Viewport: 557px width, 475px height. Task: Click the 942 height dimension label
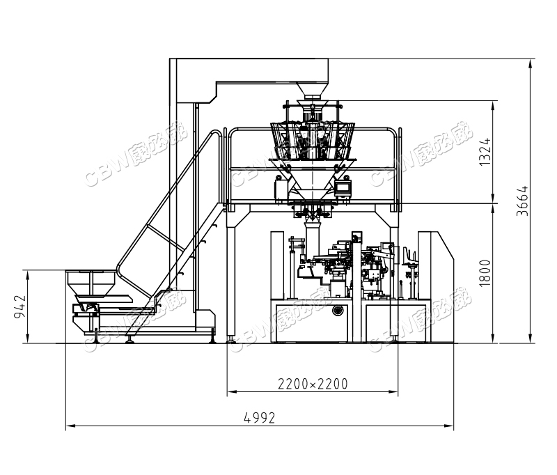coord(19,306)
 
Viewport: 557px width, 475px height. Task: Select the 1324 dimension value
coord(485,152)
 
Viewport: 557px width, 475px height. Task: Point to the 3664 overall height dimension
coord(522,201)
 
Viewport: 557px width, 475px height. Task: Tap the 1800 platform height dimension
coord(485,273)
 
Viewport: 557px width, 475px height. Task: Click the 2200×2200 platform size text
coord(313,384)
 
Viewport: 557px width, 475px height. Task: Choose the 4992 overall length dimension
coord(260,418)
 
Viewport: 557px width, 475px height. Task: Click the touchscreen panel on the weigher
coord(343,188)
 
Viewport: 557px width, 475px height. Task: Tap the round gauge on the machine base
coord(338,310)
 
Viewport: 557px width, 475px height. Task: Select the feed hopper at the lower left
coord(91,283)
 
